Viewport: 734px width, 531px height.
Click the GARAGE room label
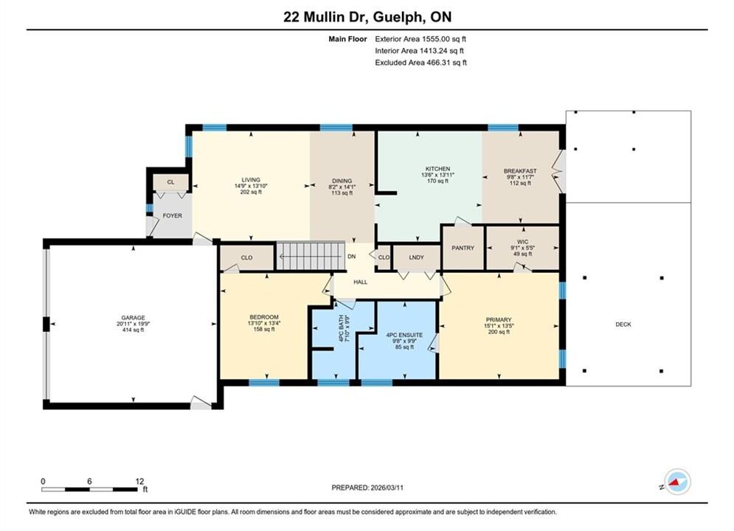(134, 317)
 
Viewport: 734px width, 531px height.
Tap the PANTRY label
(463, 248)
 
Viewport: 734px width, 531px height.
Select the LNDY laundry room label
(416, 257)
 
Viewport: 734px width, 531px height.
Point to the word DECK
(623, 324)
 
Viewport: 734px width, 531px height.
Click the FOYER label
(173, 215)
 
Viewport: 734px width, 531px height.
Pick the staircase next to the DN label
(311, 256)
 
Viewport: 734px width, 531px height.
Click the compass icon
(677, 482)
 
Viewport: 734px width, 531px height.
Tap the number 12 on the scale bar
(139, 481)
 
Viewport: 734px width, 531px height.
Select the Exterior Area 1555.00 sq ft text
(420, 39)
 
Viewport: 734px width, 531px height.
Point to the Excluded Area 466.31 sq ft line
(420, 63)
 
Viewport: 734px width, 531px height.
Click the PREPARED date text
(367, 487)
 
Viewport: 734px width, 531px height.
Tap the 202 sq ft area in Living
(251, 192)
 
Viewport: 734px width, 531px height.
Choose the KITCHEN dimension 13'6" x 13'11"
(437, 175)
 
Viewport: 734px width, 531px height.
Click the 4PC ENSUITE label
(404, 335)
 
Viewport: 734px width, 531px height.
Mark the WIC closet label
(523, 242)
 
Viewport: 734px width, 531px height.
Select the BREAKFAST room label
(520, 171)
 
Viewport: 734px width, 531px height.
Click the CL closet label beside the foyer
(170, 182)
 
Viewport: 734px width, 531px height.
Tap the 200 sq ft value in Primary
(499, 332)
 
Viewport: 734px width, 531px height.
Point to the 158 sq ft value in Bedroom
(264, 330)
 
